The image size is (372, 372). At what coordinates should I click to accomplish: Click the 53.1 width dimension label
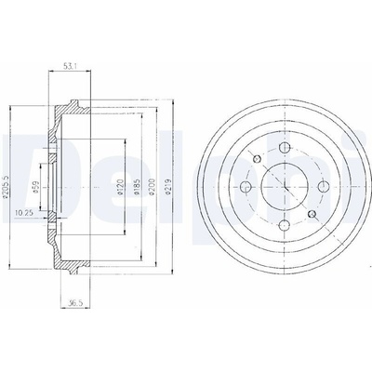point(70,66)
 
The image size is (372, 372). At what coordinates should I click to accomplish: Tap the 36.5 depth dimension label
point(74,303)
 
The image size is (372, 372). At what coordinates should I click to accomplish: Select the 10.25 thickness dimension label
point(21,213)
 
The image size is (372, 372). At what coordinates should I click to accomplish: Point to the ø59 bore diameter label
point(35,188)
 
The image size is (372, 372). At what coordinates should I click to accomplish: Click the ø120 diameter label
point(121,187)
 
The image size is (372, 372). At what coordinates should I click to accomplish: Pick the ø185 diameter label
point(138,187)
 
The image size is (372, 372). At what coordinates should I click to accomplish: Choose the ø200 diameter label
point(152,187)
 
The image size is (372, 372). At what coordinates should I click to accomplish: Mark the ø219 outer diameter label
point(167,187)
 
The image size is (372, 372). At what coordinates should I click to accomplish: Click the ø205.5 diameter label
point(6,186)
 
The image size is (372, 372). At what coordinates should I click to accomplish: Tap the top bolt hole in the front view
point(285,148)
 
